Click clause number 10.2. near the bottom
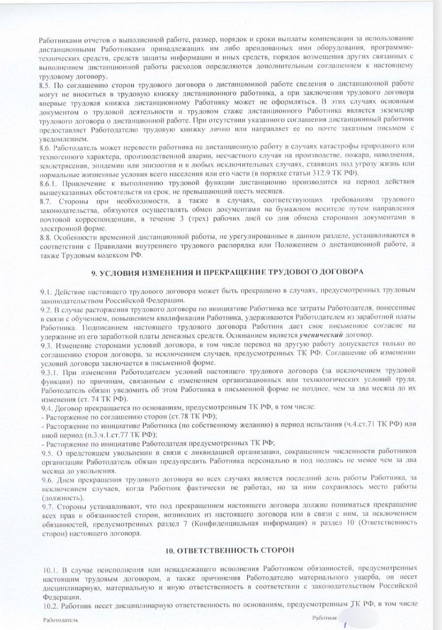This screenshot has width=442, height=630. tap(50, 603)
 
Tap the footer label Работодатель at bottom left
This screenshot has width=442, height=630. tap(60, 620)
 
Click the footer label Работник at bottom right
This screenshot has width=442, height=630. tap(322, 617)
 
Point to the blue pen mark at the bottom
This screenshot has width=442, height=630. tap(346, 625)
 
